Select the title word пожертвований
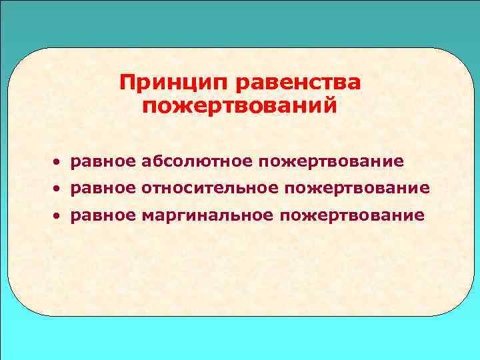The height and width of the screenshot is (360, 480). (240, 107)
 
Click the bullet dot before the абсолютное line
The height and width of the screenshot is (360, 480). (59, 162)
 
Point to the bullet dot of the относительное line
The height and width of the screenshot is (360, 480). (59, 189)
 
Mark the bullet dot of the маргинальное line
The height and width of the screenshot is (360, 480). (59, 217)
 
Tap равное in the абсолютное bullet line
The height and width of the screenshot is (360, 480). (103, 162)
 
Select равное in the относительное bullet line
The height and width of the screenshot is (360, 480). (103, 189)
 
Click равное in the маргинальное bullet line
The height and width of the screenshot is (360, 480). (103, 217)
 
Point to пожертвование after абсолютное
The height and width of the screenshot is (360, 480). (332, 161)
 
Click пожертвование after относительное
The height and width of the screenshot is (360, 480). (358, 189)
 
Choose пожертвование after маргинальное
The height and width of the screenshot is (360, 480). (353, 216)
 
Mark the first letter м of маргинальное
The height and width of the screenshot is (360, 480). (147, 217)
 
